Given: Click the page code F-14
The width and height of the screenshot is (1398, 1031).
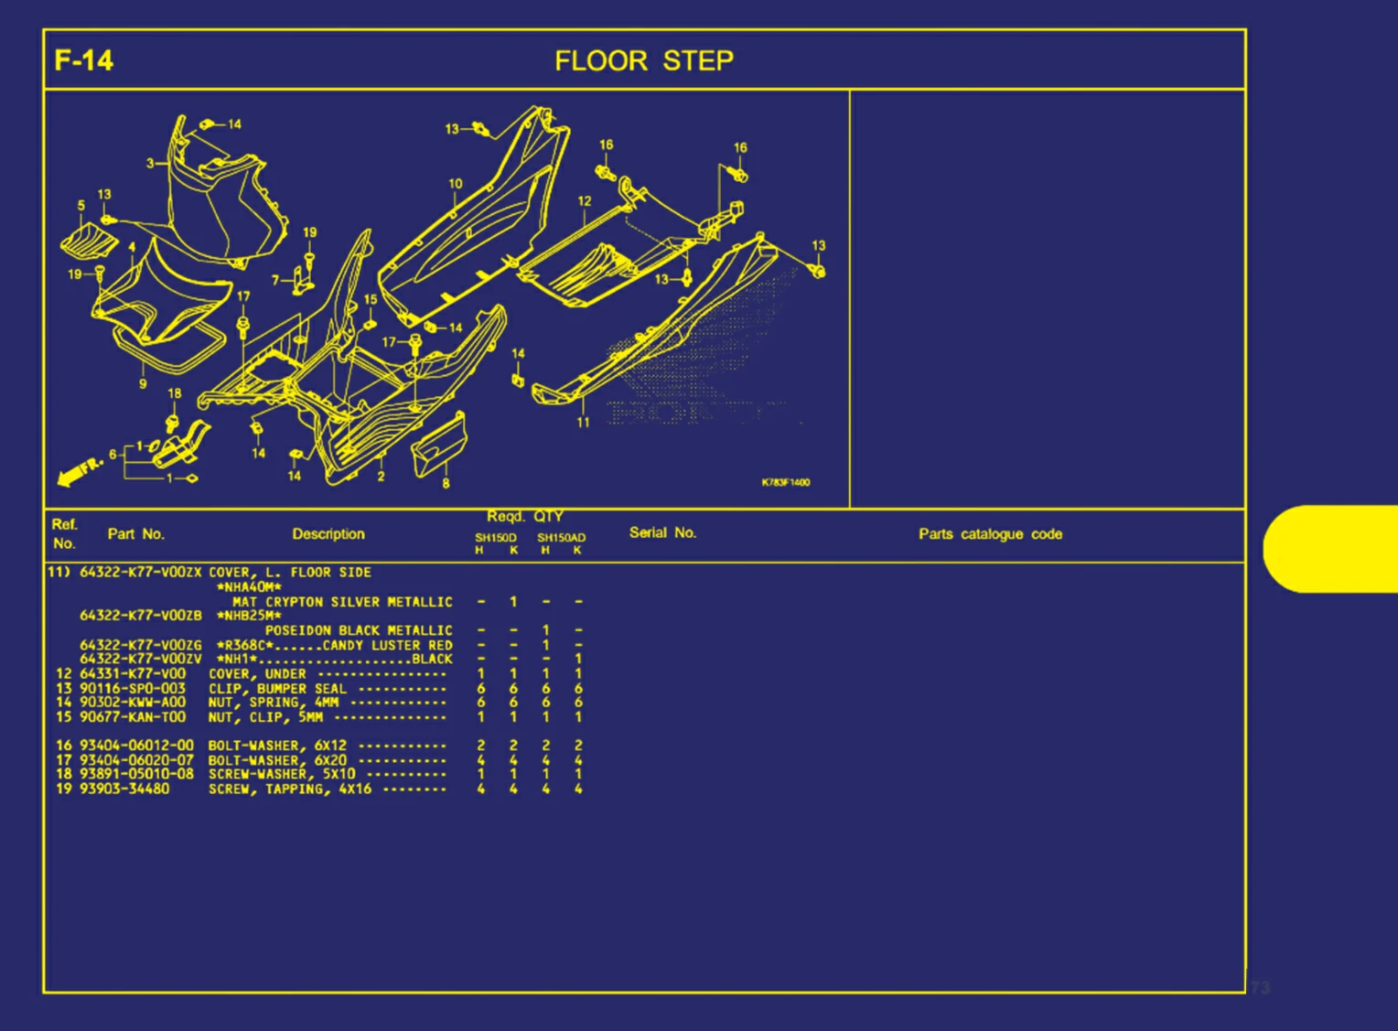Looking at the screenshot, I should click(83, 61).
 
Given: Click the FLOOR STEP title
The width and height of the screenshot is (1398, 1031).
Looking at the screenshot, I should click(644, 61).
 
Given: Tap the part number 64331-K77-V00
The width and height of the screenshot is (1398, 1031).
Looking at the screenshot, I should click(133, 673).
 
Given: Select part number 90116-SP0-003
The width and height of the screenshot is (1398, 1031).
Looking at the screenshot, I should click(133, 688).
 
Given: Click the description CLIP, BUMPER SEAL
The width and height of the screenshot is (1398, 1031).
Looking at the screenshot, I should click(277, 688).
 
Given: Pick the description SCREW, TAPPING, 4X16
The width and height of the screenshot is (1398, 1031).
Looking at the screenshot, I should click(290, 789).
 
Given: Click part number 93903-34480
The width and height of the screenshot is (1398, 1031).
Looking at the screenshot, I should click(124, 789).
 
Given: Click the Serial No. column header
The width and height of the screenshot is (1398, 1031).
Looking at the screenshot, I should click(662, 532).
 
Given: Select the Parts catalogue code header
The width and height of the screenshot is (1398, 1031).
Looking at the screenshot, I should click(990, 533).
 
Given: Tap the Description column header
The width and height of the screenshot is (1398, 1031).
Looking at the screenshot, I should click(328, 533).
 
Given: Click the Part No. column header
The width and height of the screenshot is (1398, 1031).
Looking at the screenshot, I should click(135, 533).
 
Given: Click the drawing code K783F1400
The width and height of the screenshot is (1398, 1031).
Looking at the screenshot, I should click(785, 482).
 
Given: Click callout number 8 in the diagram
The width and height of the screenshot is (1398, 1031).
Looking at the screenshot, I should click(446, 483).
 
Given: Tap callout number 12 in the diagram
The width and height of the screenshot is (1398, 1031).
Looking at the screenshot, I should click(585, 201).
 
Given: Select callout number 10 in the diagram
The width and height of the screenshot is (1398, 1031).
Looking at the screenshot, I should click(456, 184).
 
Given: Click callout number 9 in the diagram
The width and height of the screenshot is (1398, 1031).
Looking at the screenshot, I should click(143, 384).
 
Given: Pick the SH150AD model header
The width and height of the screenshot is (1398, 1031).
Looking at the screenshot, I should click(561, 538).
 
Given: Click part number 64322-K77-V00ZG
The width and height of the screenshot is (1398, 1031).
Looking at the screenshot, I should click(141, 645).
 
